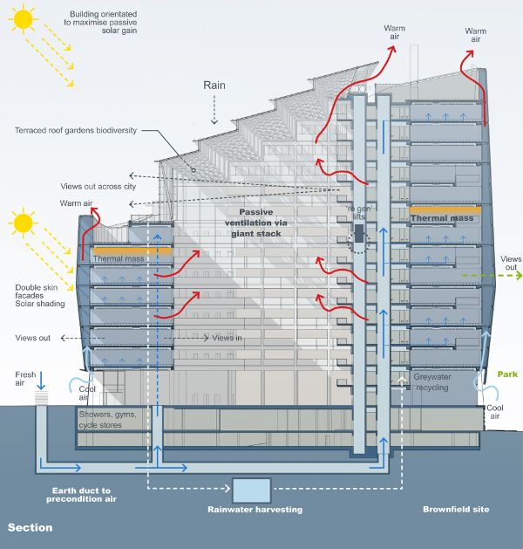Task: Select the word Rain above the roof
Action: (x=214, y=86)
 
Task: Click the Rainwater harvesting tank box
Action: (x=252, y=491)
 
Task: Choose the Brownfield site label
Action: (x=457, y=509)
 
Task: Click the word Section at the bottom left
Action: (x=31, y=528)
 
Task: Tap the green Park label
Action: (x=507, y=374)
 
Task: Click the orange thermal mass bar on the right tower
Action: (x=445, y=209)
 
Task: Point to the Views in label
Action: (x=228, y=338)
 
